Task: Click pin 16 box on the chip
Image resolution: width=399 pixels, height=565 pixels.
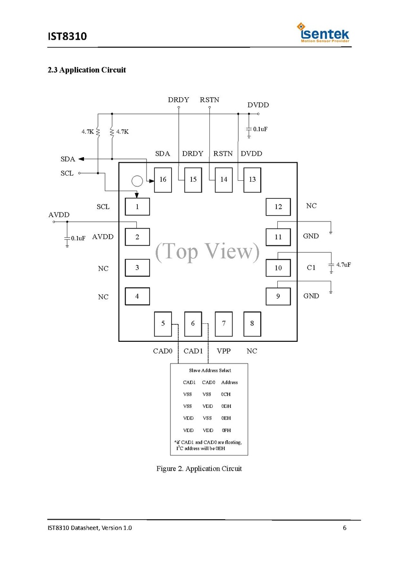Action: [163, 180]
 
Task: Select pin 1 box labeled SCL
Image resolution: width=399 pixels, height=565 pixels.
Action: [137, 207]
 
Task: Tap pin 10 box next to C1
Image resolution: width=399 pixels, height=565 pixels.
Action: [278, 268]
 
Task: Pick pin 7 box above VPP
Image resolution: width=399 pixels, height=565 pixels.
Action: [224, 324]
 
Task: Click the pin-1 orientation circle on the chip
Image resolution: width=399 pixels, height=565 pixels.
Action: [137, 181]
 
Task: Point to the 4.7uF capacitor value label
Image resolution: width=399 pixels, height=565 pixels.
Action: [343, 264]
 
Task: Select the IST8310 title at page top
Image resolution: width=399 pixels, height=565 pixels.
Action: [67, 36]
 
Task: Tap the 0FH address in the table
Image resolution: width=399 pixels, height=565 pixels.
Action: [226, 430]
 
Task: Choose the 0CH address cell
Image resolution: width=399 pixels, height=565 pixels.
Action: [226, 394]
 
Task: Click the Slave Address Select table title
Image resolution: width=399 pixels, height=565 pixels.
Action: [210, 371]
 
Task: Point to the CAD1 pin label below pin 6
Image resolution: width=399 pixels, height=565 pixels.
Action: [193, 351]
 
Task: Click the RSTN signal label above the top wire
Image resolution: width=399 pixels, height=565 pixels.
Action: [209, 100]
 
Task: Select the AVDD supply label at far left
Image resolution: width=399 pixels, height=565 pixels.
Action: [59, 215]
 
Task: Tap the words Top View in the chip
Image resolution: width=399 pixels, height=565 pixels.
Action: [208, 252]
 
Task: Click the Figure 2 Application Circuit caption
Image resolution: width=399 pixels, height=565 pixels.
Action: [199, 469]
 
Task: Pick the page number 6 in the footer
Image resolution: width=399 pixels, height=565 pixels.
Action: [345, 528]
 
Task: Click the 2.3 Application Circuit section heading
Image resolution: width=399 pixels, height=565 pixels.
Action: [87, 70]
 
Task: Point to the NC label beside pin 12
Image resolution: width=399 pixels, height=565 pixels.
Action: [311, 206]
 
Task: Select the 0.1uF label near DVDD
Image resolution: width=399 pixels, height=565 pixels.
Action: [260, 129]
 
